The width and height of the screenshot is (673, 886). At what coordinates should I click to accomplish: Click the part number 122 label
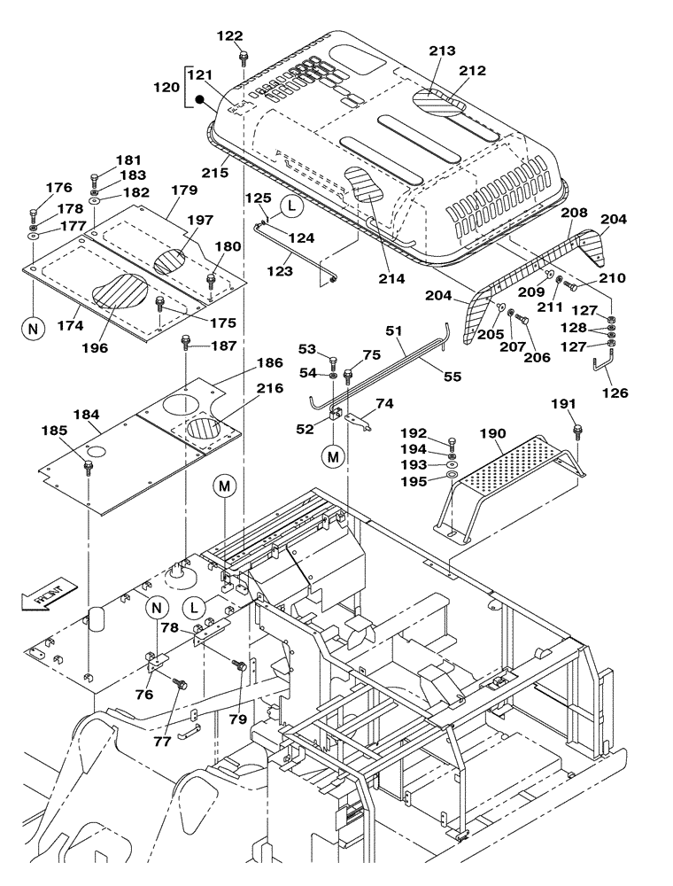click(x=229, y=35)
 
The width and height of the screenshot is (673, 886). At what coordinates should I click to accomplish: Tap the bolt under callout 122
click(x=242, y=59)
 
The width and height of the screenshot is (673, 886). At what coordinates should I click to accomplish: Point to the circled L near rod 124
click(x=291, y=206)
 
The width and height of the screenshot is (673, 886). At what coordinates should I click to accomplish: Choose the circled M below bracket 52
click(x=332, y=456)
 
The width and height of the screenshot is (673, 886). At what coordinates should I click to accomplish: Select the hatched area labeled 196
click(x=119, y=291)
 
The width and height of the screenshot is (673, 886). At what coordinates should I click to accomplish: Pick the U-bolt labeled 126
click(x=607, y=362)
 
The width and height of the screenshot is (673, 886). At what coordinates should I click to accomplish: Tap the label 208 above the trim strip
click(x=573, y=213)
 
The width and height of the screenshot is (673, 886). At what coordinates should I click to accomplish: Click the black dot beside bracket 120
click(x=201, y=100)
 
